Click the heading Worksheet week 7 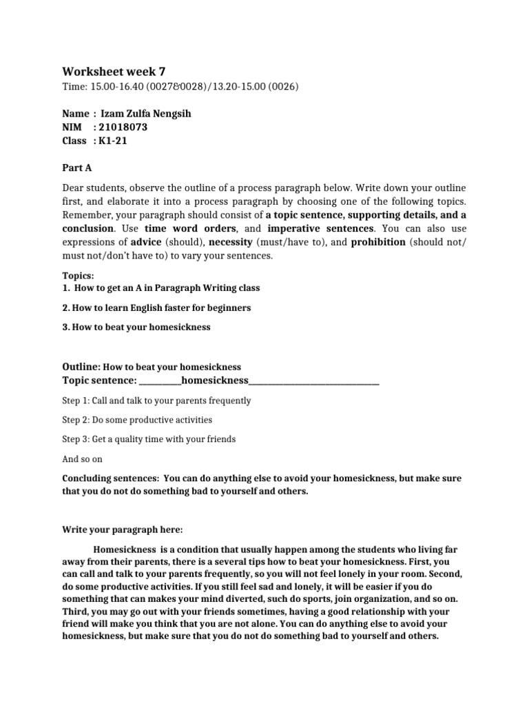pyautogui.click(x=114, y=72)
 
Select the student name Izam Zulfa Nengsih pyautogui.click(x=146, y=114)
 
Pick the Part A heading pyautogui.click(x=76, y=168)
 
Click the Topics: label pyautogui.click(x=78, y=274)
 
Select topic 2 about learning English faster pyautogui.click(x=156, y=307)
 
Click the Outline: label pyautogui.click(x=82, y=367)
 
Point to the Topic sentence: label pyautogui.click(x=99, y=381)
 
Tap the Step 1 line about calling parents pyautogui.click(x=156, y=401)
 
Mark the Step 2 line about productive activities pyautogui.click(x=137, y=420)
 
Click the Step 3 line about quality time pyautogui.click(x=149, y=439)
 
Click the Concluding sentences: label pyautogui.click(x=111, y=478)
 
